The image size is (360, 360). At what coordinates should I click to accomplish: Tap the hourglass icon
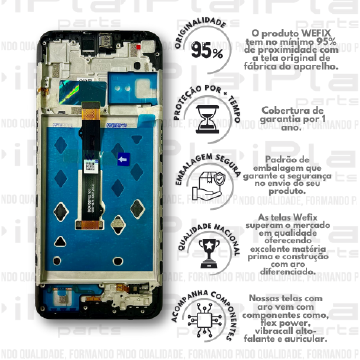(207, 119)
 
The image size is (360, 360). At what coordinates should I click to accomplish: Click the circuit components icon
(207, 317)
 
